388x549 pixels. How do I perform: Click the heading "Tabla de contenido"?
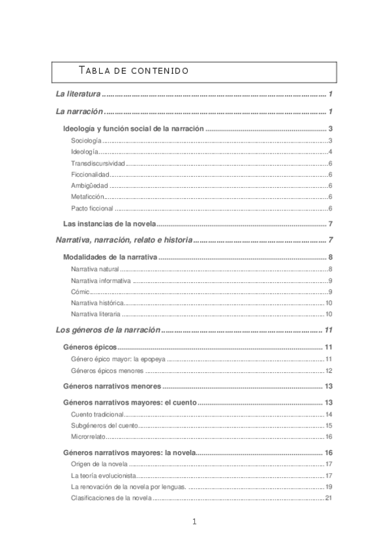point(133,69)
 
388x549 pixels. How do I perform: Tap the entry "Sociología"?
point(86,140)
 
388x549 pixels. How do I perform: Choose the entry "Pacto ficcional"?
point(92,208)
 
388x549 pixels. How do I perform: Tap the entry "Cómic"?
point(80,291)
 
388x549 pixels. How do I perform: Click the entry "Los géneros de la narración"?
point(107,330)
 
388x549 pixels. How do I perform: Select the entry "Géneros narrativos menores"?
point(111,387)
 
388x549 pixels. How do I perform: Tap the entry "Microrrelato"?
point(89,437)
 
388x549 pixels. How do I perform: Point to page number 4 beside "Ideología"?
point(330,151)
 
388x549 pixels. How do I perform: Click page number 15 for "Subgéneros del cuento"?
point(328,425)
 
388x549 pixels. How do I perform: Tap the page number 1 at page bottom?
point(194,522)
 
